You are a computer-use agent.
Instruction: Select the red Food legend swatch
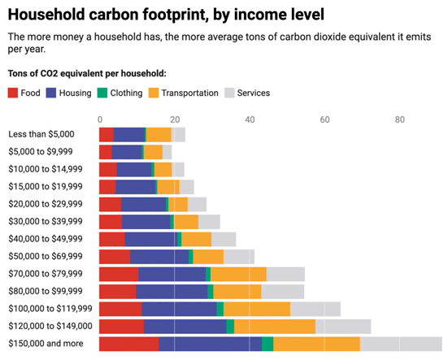pyautogui.click(x=13, y=93)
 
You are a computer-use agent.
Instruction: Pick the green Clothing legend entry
pyautogui.click(x=102, y=93)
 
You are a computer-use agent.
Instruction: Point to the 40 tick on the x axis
pyautogui.click(x=250, y=119)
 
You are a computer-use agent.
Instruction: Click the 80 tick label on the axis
pyautogui.click(x=400, y=119)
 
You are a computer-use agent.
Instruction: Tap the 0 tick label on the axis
pyautogui.click(x=99, y=119)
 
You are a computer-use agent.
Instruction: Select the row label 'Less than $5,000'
pyautogui.click(x=41, y=134)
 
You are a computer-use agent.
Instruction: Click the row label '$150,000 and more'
pyautogui.click(x=46, y=344)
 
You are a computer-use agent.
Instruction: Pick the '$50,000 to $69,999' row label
pyautogui.click(x=46, y=257)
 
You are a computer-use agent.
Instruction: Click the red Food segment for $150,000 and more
pyautogui.click(x=128, y=344)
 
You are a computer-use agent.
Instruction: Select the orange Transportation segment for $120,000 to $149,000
pyautogui.click(x=274, y=327)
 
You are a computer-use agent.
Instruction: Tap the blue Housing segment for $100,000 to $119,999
pyautogui.click(x=179, y=309)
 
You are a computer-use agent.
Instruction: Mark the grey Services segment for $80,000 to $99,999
pyautogui.click(x=282, y=291)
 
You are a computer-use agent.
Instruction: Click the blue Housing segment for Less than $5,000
pyautogui.click(x=128, y=134)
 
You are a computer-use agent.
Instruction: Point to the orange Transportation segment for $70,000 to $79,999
pyautogui.click(x=238, y=274)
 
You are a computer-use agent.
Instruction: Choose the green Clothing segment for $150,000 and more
pyautogui.click(x=267, y=344)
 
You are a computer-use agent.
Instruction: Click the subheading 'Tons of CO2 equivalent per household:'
pyautogui.click(x=86, y=73)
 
